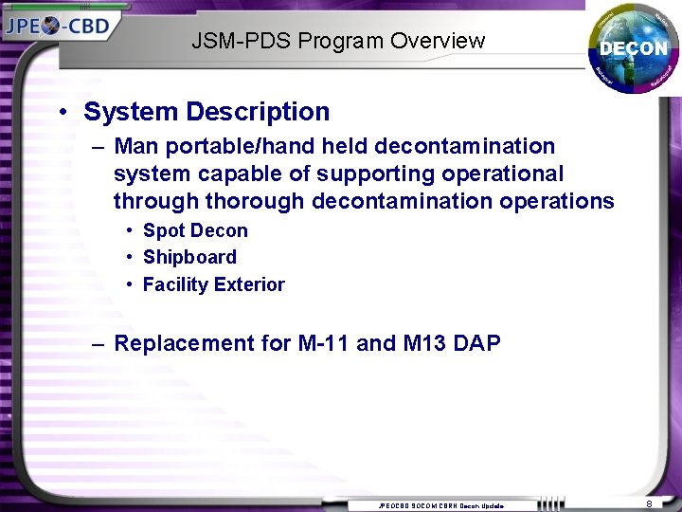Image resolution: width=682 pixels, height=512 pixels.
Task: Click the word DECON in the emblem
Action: point(633,47)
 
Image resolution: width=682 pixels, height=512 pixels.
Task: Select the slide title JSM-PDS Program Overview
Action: point(338,41)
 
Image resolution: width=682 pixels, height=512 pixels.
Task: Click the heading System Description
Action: point(206,112)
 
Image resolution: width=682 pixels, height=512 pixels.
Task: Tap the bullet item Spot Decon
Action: point(195,230)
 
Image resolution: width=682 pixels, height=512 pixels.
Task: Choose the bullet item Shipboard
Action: point(189,257)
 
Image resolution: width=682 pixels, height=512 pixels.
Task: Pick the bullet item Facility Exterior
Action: point(213,284)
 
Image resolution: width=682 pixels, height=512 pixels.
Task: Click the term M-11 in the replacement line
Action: point(322,343)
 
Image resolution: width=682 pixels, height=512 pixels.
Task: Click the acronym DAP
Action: point(476,343)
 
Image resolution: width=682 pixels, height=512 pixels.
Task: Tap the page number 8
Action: point(649,504)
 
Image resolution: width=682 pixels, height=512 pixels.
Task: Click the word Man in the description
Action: point(135,147)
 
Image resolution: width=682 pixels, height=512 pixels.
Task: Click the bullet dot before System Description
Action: point(63,113)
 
